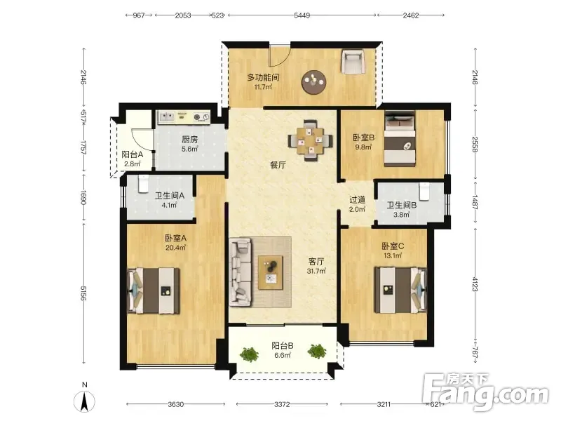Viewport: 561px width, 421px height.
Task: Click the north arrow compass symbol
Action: click(x=84, y=401)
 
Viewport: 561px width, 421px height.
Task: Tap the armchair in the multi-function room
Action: click(x=353, y=62)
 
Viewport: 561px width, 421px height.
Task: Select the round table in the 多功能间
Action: click(x=313, y=82)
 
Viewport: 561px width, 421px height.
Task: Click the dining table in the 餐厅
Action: click(x=310, y=140)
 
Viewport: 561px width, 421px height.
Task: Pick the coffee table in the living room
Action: click(x=271, y=272)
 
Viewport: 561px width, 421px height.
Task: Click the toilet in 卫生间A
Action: click(x=143, y=184)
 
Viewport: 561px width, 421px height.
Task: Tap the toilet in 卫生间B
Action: click(x=424, y=191)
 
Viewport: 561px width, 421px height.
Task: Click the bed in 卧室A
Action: click(x=154, y=290)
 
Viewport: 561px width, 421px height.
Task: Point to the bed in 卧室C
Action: click(x=400, y=290)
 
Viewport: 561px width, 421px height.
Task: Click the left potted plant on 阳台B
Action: click(x=249, y=354)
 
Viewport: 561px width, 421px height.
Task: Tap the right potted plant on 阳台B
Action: click(x=317, y=352)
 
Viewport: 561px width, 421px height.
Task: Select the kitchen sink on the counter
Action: click(x=166, y=117)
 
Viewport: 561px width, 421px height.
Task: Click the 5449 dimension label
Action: click(x=302, y=15)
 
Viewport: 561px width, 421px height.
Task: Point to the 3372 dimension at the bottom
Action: click(x=282, y=405)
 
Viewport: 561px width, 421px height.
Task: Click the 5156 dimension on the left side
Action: click(x=83, y=293)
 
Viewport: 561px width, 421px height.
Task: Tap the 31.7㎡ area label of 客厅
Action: click(x=316, y=271)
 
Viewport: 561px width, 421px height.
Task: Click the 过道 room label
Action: click(x=357, y=200)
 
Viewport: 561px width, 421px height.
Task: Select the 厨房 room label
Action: click(x=189, y=139)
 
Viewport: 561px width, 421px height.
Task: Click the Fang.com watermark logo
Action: click(x=485, y=392)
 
